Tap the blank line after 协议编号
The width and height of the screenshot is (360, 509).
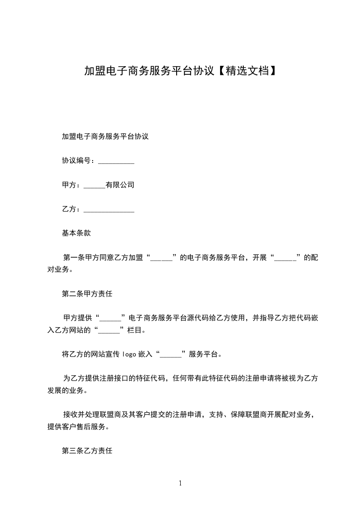click(116, 162)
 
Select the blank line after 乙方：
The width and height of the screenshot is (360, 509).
click(109, 210)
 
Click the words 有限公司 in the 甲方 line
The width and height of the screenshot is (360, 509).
click(120, 185)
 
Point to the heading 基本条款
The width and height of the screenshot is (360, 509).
click(76, 233)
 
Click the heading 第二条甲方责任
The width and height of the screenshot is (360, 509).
click(87, 294)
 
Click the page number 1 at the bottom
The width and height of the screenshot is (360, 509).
click(180, 483)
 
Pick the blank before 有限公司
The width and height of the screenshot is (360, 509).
click(94, 186)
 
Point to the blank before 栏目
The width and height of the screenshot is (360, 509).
click(109, 331)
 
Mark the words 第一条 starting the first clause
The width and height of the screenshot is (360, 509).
click(73, 258)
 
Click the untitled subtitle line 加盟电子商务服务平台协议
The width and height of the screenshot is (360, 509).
click(105, 136)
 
